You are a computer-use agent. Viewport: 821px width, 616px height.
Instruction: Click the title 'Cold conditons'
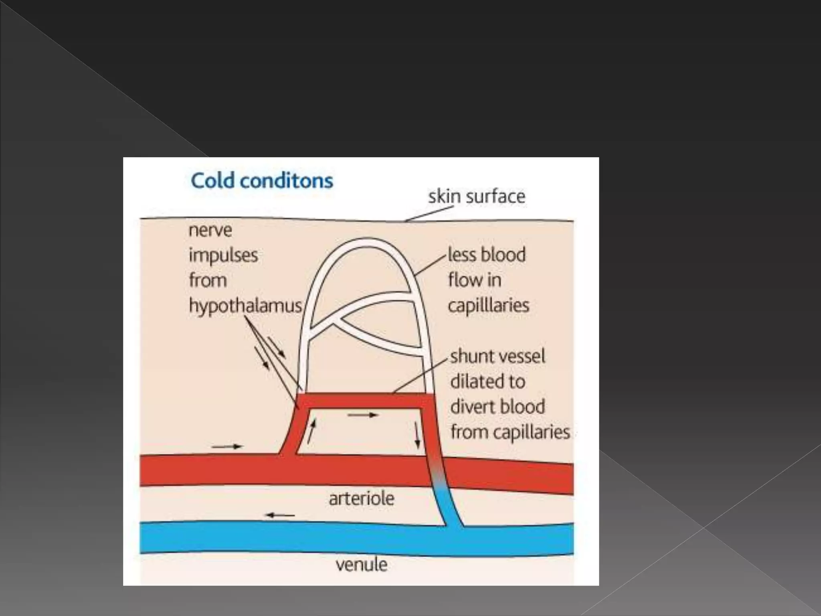tap(262, 181)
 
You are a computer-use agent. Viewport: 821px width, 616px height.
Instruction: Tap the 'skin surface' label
tap(477, 197)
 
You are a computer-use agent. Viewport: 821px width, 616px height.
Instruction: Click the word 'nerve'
tap(210, 231)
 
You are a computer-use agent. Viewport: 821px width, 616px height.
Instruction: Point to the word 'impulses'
tap(223, 255)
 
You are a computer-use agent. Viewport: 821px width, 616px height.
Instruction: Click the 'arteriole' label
tap(362, 498)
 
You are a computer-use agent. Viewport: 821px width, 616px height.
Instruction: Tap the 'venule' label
tap(362, 565)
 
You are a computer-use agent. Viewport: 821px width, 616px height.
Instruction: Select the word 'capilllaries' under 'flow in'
tap(488, 306)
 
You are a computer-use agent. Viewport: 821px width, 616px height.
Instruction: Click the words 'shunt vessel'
tap(497, 356)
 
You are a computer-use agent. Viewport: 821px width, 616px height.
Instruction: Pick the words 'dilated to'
tap(487, 381)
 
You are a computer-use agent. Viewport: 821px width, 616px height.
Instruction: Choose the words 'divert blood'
tap(497, 407)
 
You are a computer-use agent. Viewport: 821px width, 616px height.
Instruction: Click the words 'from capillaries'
tap(510, 432)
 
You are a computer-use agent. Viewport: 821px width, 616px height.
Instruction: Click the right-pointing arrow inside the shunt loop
tap(363, 415)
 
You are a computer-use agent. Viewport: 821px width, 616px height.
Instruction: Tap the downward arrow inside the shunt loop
tap(417, 436)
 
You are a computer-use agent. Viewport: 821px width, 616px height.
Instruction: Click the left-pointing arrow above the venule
tap(281, 515)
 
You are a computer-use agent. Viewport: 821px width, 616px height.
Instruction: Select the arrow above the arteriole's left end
tap(227, 446)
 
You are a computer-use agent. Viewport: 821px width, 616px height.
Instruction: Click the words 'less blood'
tap(486, 255)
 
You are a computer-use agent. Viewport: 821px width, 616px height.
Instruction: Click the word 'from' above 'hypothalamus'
tap(208, 280)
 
